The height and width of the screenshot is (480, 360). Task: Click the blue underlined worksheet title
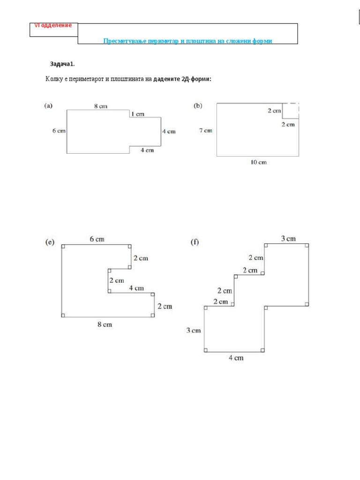tap(187, 41)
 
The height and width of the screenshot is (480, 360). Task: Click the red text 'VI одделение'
tap(53, 25)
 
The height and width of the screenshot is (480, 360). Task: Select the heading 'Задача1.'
tap(62, 64)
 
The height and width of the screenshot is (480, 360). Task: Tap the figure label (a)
tap(48, 106)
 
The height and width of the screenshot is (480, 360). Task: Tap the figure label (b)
tap(198, 106)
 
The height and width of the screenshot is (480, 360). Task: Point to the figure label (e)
tap(50, 242)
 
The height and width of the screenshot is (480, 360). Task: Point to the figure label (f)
tap(195, 242)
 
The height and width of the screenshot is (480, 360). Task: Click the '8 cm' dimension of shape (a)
tap(101, 106)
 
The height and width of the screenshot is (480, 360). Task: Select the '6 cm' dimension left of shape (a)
tap(59, 131)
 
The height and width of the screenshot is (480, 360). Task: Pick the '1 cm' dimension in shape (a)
tap(137, 114)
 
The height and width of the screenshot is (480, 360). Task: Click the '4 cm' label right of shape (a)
tap(169, 131)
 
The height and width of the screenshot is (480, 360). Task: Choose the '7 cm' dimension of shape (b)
tap(205, 130)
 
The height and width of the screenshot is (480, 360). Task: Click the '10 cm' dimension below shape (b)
tap(258, 162)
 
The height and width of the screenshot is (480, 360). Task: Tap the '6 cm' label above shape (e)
tap(97, 239)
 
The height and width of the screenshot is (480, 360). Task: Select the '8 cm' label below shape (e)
tap(105, 324)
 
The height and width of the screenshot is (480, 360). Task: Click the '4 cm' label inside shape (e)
tap(136, 288)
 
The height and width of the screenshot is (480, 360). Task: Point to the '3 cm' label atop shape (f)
tap(288, 239)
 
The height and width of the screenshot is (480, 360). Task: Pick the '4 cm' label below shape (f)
tap(236, 358)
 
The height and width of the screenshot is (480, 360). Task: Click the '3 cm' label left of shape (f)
tap(193, 330)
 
